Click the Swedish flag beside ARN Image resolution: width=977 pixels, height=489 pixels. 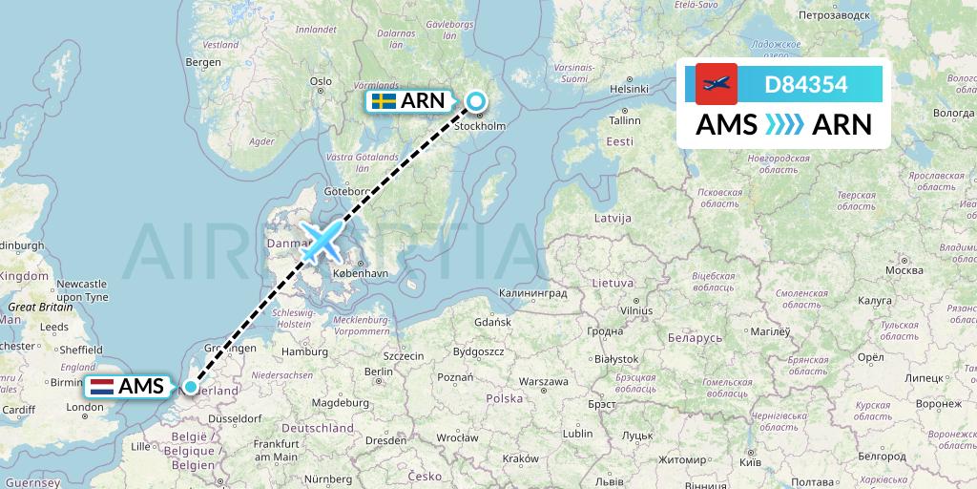click(385, 100)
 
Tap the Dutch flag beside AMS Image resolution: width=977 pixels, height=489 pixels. click(102, 387)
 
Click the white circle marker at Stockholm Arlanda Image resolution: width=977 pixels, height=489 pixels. click(475, 100)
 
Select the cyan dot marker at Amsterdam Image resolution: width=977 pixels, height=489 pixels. click(192, 387)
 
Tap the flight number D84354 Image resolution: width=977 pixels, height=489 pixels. click(806, 84)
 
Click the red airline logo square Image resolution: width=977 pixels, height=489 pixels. click(717, 84)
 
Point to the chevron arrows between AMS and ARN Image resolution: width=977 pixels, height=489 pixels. click(784, 124)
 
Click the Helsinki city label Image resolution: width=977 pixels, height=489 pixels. click(629, 89)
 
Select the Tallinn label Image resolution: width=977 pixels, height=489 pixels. click(625, 120)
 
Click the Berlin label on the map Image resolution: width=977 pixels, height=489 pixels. click(379, 371)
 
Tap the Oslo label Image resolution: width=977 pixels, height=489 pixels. click(320, 81)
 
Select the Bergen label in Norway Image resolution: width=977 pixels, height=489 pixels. click(203, 62)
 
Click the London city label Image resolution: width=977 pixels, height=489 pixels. click(85, 408)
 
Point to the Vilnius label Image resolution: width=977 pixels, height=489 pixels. click(635, 310)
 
